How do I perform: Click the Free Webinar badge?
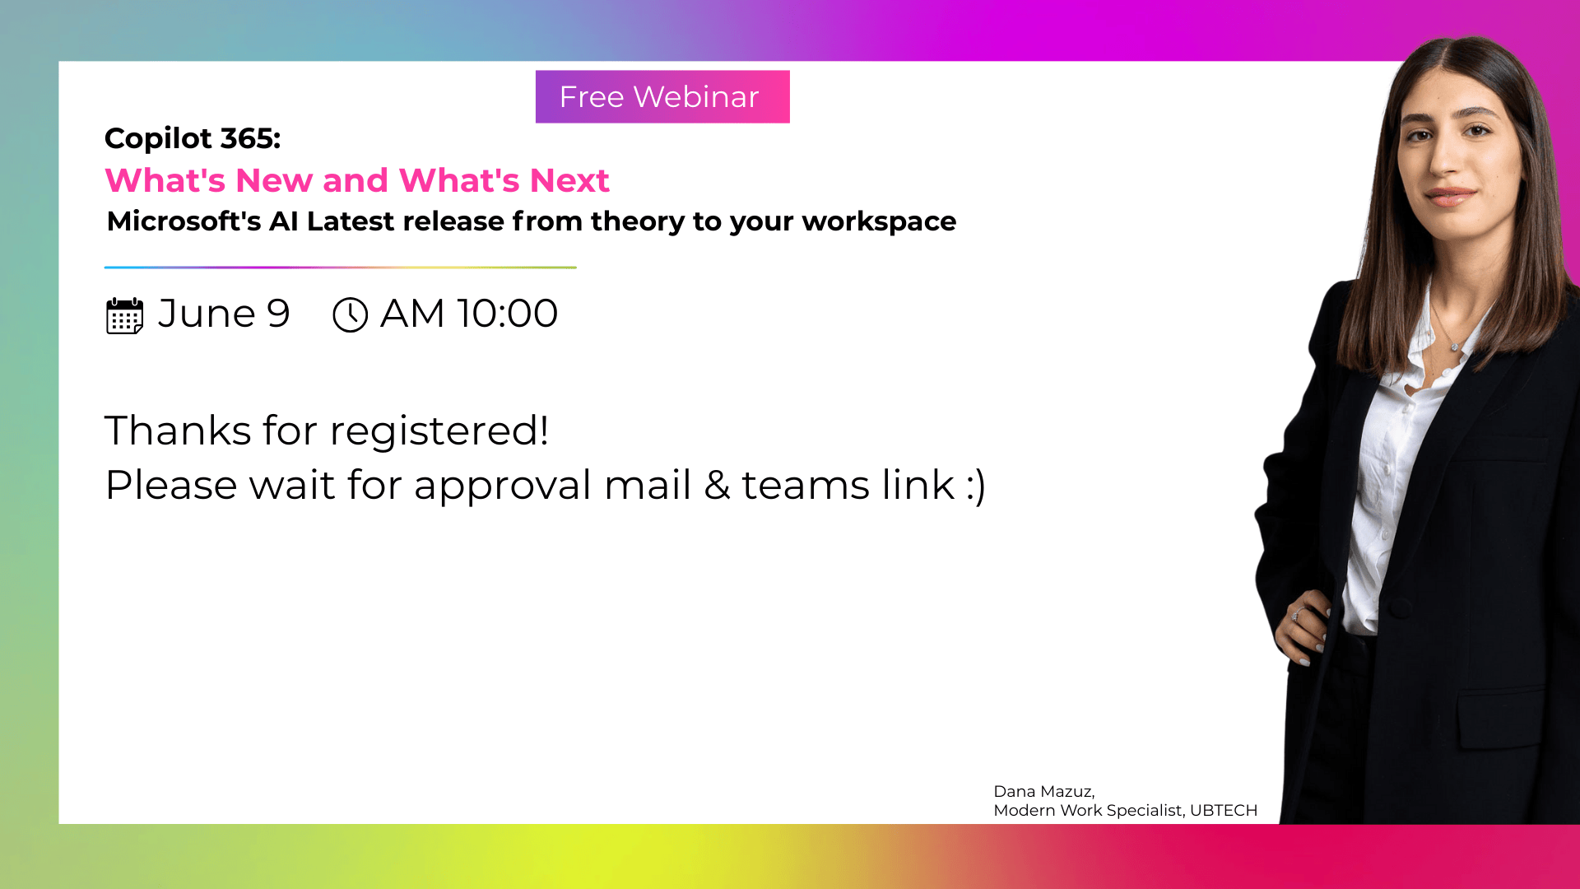tap(662, 96)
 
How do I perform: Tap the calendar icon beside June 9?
tap(125, 315)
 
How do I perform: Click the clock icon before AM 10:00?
tap(350, 314)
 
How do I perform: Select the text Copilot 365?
tap(193, 138)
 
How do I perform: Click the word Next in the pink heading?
tap(569, 180)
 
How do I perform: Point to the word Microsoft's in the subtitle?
tap(184, 221)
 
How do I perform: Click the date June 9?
tap(224, 314)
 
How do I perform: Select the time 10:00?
tap(507, 314)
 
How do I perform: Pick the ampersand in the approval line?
tap(717, 485)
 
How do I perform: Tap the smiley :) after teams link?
tap(976, 486)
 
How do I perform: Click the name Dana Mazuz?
tap(1043, 792)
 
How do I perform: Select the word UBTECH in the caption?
tap(1224, 811)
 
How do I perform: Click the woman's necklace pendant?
tap(1455, 347)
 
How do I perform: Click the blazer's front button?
tap(1398, 609)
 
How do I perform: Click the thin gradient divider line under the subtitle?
tap(341, 268)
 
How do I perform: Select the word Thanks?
tap(178, 431)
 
